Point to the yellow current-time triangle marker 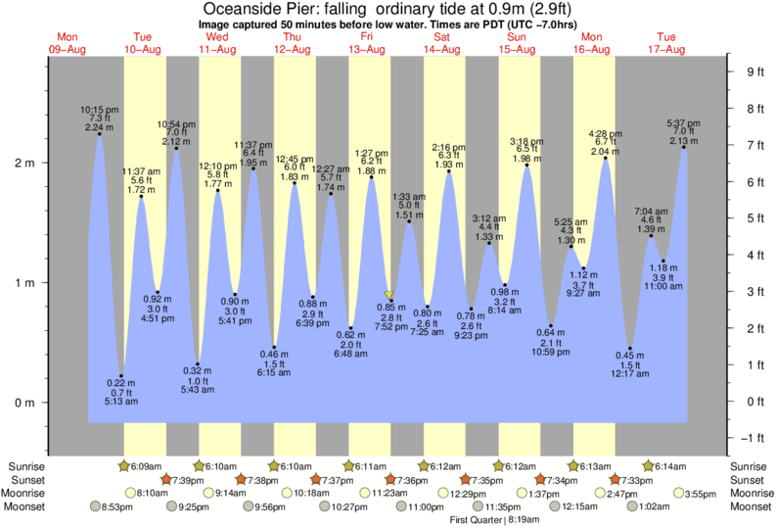389,294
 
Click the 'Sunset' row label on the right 750,480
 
